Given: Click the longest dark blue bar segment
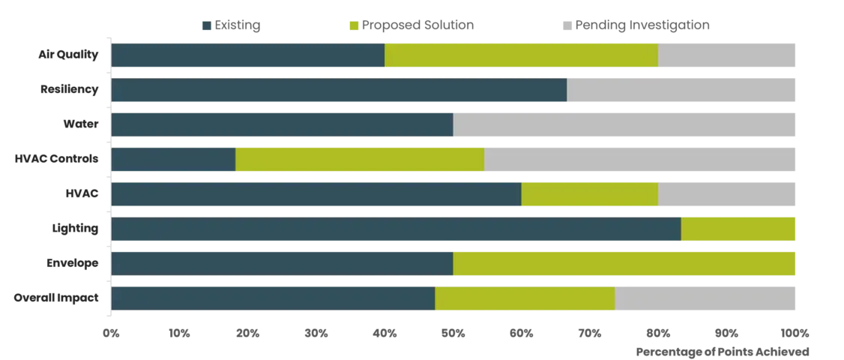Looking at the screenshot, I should [x=396, y=229].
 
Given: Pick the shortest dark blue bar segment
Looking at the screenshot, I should [x=173, y=160].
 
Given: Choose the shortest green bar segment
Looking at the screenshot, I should [x=738, y=229].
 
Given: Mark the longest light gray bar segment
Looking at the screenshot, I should [x=625, y=125].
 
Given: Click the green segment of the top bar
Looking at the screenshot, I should [x=521, y=56].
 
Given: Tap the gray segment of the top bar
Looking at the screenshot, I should [x=727, y=56].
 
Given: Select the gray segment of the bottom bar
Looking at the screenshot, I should [x=705, y=298].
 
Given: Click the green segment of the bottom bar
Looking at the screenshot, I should [x=525, y=298].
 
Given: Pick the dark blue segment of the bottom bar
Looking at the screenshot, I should [x=273, y=298].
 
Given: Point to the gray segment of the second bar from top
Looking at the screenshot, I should [x=681, y=91].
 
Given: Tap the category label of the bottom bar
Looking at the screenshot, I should [x=57, y=298].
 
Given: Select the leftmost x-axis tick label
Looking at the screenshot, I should [x=111, y=332].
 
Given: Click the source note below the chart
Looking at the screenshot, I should [x=721, y=349].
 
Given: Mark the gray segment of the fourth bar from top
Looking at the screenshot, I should [x=640, y=160].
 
